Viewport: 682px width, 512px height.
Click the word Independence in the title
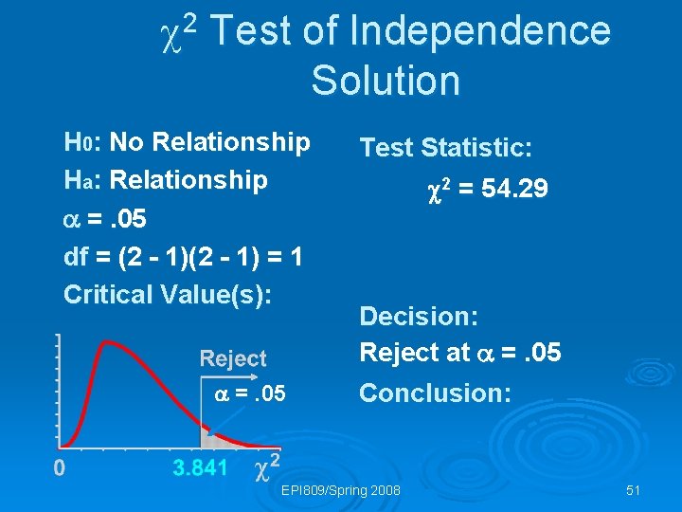(480, 32)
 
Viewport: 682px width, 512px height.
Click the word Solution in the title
(386, 81)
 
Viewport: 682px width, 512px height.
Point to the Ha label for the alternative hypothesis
(76, 180)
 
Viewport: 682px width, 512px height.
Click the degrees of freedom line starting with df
(183, 256)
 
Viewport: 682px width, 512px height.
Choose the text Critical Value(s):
(168, 294)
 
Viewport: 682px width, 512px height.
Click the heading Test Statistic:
(445, 148)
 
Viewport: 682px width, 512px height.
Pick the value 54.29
(514, 190)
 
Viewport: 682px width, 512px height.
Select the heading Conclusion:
(435, 393)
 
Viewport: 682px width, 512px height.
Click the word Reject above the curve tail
(233, 358)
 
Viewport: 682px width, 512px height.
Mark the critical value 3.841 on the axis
(200, 466)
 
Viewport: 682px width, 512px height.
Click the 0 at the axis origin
(59, 466)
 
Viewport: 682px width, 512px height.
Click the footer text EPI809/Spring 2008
(341, 490)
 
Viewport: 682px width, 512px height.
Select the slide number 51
(634, 490)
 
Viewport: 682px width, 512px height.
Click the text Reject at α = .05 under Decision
(460, 353)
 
